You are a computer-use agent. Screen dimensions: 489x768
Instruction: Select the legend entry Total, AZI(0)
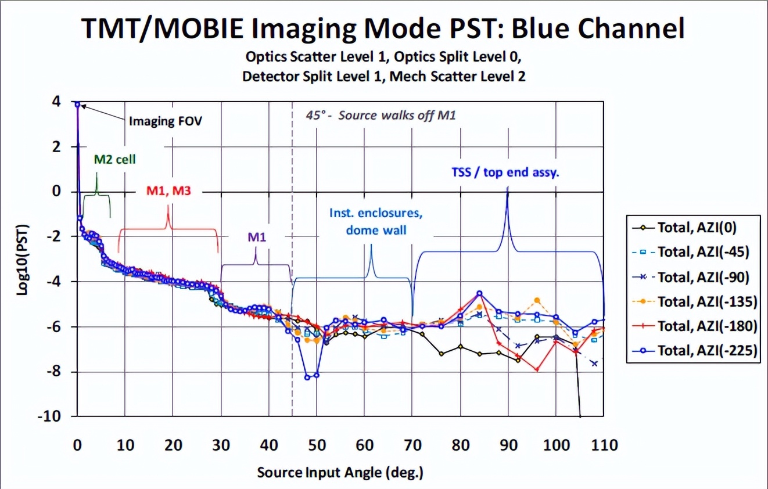coord(697,227)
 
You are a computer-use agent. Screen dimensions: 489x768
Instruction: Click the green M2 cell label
coord(114,159)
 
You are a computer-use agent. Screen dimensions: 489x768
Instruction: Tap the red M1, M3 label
coord(169,193)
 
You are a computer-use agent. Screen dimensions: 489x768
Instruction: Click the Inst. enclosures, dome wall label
coord(376,221)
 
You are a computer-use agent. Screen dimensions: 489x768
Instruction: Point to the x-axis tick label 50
coord(317,445)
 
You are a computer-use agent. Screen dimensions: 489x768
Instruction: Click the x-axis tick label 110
coord(604,445)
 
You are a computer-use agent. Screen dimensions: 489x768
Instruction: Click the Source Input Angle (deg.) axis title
coord(340,472)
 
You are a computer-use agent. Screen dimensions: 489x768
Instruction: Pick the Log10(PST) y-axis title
coord(23,260)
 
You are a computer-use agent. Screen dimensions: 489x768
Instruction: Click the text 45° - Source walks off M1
coord(381,115)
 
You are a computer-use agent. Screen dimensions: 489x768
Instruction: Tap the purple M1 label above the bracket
coord(256,237)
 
